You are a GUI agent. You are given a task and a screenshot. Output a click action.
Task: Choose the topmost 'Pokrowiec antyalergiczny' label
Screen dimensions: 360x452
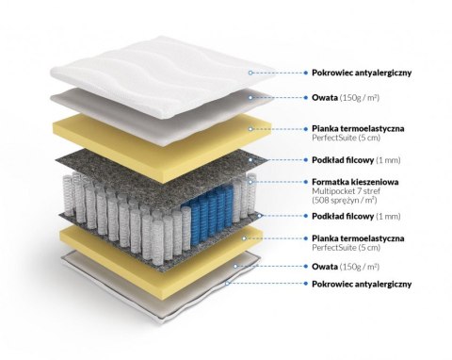tap(361, 71)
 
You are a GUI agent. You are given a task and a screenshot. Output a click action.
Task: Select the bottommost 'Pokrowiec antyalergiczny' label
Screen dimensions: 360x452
tap(361, 284)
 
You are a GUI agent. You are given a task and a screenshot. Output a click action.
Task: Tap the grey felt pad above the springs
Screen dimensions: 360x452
tap(160, 164)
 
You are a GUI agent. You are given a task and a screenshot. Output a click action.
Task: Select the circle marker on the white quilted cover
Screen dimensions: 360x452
tap(250, 72)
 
